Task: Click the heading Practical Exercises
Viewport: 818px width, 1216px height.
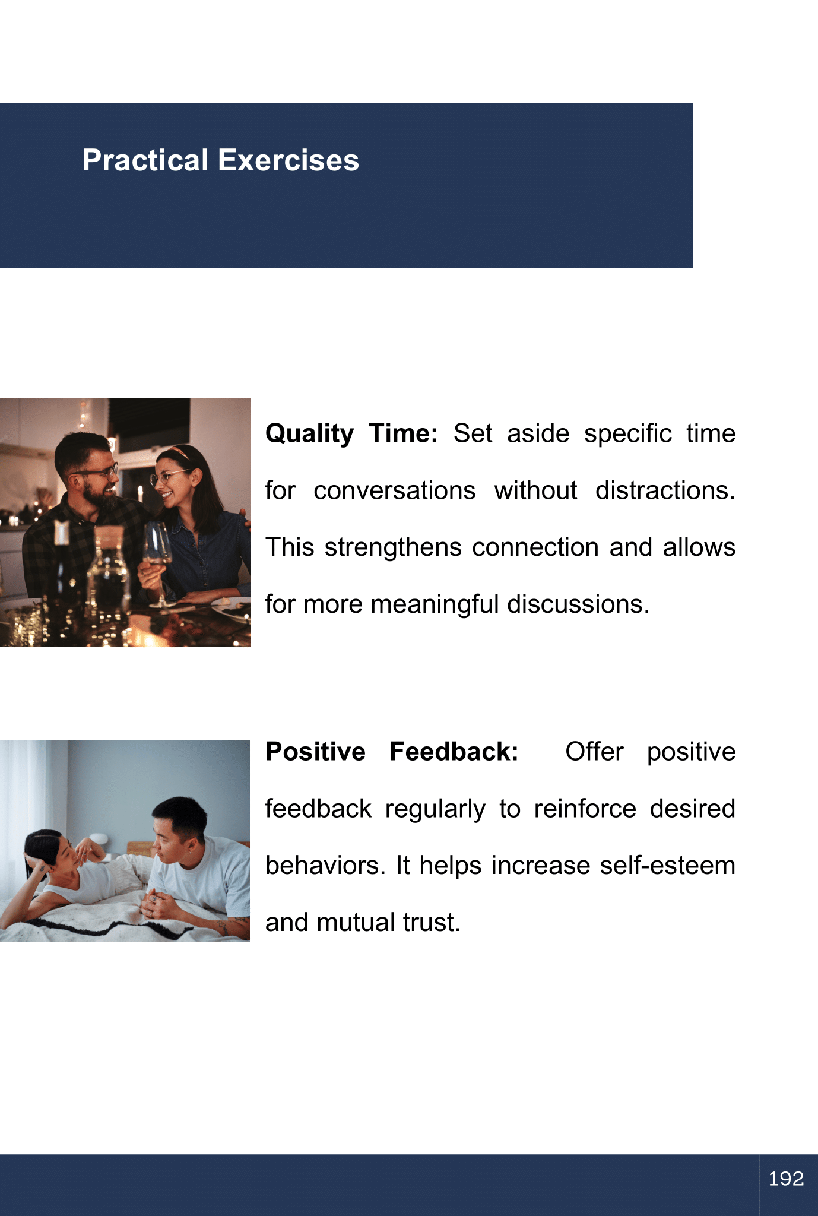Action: tap(221, 160)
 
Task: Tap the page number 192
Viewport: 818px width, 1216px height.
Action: tap(786, 1179)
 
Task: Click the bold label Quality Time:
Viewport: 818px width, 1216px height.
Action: tap(351, 434)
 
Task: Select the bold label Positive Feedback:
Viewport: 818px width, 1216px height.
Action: tap(392, 752)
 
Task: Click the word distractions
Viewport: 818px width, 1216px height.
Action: tap(665, 490)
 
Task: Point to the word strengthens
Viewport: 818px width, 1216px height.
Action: tap(393, 547)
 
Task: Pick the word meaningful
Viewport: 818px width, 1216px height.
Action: tap(435, 604)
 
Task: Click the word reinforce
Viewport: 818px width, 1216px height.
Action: tap(585, 809)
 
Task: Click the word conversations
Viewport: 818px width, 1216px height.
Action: tap(395, 491)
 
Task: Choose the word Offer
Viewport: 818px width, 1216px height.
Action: tap(594, 752)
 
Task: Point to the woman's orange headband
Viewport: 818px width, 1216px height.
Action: tap(178, 454)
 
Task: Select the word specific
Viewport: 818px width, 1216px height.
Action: tap(628, 434)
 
